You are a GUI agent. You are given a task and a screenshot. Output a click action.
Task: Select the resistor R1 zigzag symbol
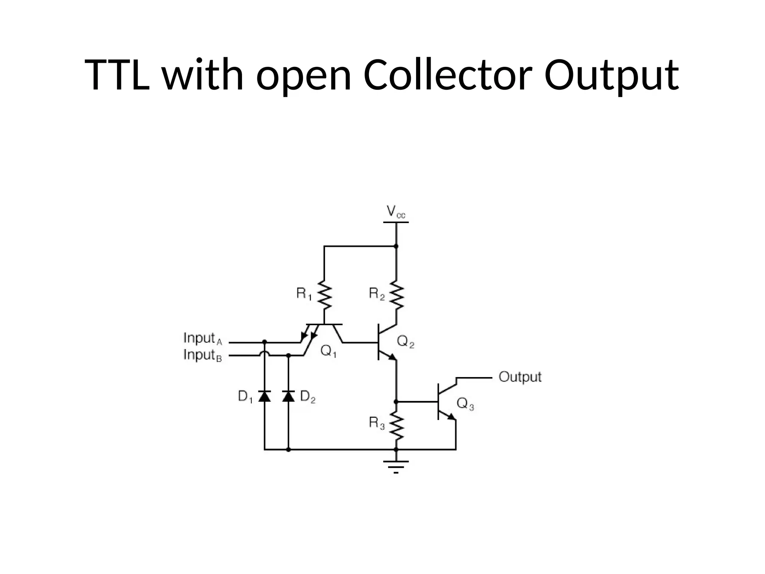[325, 295]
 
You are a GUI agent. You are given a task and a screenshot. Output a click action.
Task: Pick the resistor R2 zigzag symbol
[396, 295]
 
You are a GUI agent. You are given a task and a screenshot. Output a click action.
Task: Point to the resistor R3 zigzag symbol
[396, 426]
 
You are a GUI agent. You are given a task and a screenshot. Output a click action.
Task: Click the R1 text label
[304, 294]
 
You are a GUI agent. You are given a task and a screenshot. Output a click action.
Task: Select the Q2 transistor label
[405, 341]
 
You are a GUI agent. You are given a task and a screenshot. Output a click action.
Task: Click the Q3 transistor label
[465, 404]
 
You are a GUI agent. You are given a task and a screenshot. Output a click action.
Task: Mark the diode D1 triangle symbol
[264, 396]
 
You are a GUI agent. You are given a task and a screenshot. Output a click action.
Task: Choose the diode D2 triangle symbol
[288, 396]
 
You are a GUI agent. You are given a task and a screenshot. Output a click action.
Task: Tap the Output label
[520, 377]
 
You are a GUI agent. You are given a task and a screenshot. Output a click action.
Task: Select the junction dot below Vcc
[396, 246]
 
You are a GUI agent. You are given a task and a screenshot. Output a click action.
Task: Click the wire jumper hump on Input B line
[264, 353]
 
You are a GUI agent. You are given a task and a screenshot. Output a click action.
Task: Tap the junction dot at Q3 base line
[396, 402]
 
